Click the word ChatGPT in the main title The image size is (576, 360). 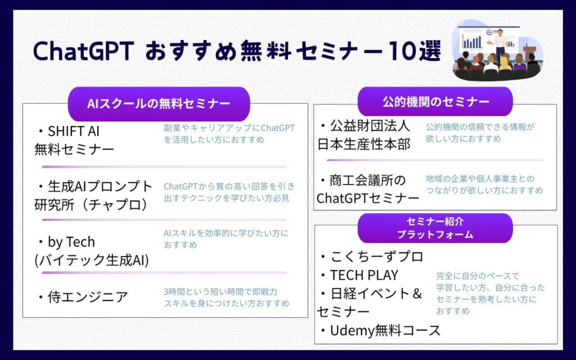[x=83, y=51]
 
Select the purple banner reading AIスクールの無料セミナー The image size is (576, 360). [x=159, y=104]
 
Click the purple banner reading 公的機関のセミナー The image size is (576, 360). [x=435, y=102]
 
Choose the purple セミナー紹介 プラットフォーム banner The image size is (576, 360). [x=435, y=228]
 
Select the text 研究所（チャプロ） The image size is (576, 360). [x=91, y=205]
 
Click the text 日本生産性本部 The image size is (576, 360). [x=364, y=144]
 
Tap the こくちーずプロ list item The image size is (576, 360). [x=372, y=256]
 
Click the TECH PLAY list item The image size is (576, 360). [x=359, y=275]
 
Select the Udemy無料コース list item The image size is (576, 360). [x=380, y=331]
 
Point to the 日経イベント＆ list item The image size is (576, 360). [x=371, y=294]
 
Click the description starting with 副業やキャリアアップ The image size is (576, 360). [x=229, y=134]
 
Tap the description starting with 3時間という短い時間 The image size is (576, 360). [x=226, y=298]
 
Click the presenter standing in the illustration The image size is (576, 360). [x=499, y=44]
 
